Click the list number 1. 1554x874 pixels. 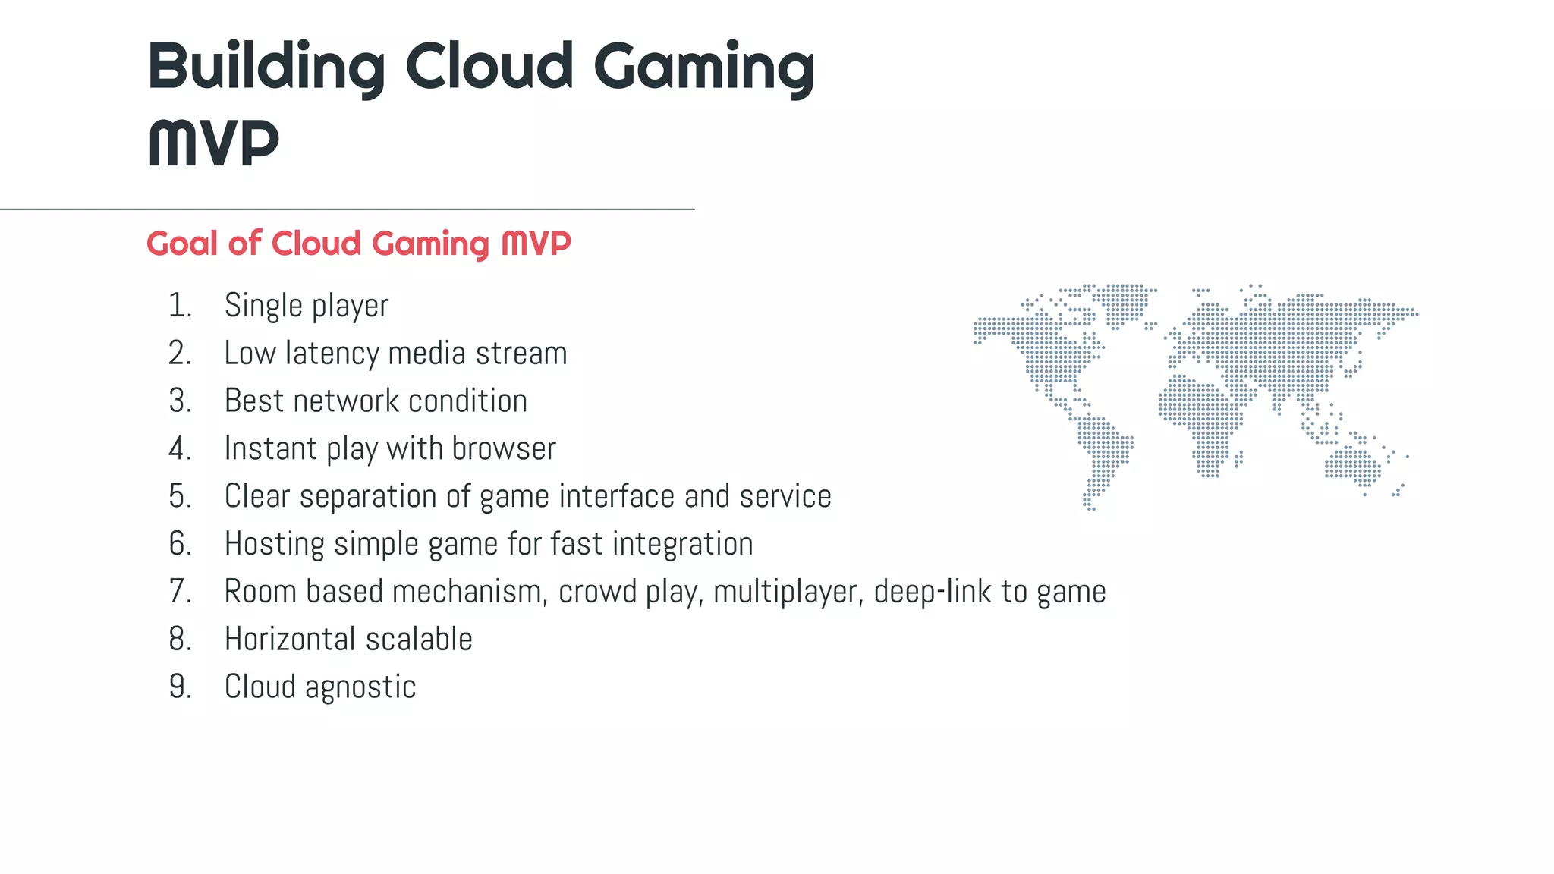coord(180,306)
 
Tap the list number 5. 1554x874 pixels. coord(180,496)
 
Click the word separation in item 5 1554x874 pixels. coord(367,496)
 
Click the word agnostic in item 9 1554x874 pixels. coord(360,687)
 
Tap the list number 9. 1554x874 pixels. coord(180,687)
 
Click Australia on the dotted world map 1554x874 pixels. coord(1353,465)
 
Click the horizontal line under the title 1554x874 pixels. coord(347,209)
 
